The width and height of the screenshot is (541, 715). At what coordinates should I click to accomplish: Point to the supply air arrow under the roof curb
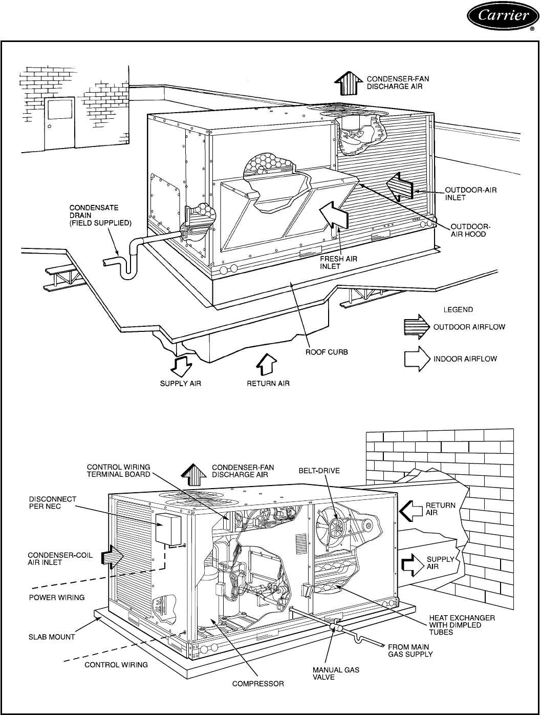tap(182, 365)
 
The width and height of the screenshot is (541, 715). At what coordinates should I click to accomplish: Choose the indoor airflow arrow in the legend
tap(417, 359)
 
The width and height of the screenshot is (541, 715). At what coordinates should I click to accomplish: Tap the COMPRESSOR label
tap(258, 683)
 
